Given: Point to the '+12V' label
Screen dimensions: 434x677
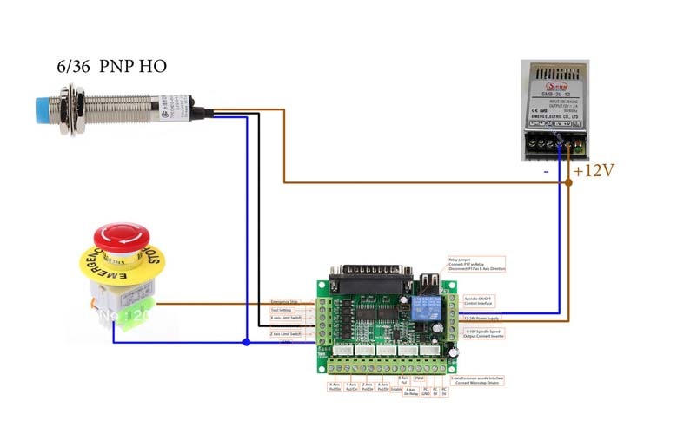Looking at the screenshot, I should (594, 170).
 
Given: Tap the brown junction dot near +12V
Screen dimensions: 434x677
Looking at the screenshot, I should (568, 182).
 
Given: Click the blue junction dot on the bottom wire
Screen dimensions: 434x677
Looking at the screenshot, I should (247, 342).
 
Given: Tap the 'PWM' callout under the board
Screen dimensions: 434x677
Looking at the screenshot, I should (417, 379).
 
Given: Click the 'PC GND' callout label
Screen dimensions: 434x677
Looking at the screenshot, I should (426, 391).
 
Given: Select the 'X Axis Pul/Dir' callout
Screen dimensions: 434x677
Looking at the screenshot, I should (335, 387).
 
